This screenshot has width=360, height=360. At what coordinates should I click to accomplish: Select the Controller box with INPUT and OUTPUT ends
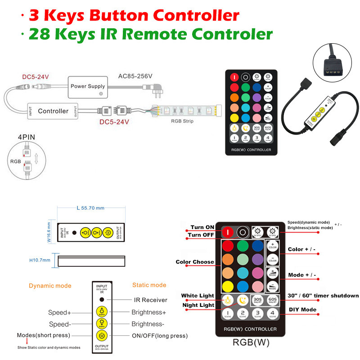(53, 111)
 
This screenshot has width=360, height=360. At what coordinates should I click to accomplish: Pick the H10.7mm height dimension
(40, 260)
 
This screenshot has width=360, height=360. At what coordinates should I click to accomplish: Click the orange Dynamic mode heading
(50, 285)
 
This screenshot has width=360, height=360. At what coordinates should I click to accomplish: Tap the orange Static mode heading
(149, 285)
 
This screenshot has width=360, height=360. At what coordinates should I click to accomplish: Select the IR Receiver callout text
(150, 300)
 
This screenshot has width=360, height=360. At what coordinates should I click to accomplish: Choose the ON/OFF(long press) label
(159, 336)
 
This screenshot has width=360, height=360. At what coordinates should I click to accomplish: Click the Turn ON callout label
(202, 227)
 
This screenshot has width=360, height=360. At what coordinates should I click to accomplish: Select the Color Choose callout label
(195, 262)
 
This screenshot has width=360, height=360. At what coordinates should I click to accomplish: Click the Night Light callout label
(198, 305)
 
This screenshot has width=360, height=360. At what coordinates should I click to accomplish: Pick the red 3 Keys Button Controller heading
(134, 16)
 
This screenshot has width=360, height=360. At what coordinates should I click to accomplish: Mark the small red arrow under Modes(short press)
(27, 342)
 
